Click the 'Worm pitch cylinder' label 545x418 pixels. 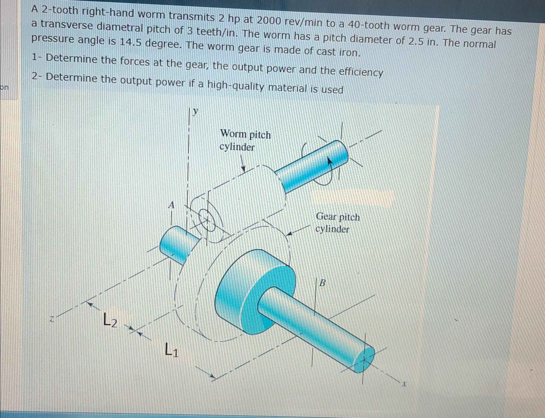coord(245,141)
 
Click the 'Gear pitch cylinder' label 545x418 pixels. coord(337,223)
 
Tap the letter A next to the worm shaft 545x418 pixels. coord(172,205)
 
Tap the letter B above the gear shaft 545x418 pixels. coord(322,283)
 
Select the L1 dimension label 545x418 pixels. coord(171,350)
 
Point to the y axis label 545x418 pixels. coord(196,111)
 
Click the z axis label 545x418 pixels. coord(52,319)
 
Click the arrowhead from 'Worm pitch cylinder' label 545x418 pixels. coord(243,170)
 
